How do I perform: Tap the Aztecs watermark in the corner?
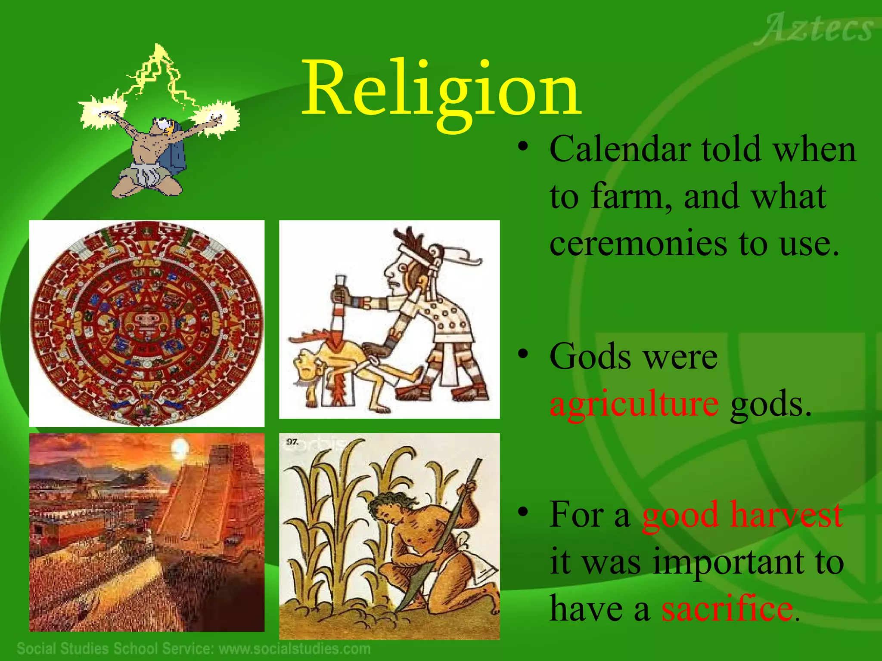[814, 29]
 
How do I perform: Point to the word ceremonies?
[637, 244]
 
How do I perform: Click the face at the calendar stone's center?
[147, 321]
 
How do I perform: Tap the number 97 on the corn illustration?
[292, 442]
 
